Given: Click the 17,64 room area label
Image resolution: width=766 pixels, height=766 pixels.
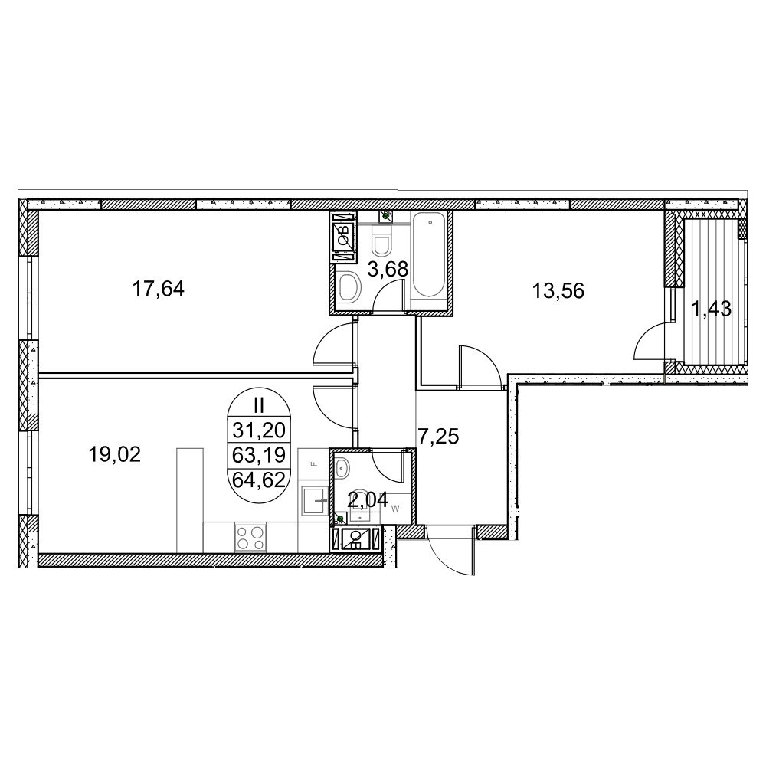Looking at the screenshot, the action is coord(159,289).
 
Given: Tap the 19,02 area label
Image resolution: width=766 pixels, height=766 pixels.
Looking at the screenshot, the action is coord(115,455).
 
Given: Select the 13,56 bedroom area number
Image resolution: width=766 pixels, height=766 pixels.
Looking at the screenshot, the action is coord(558,292).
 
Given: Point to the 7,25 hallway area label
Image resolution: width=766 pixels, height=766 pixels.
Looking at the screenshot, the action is coord(438,437).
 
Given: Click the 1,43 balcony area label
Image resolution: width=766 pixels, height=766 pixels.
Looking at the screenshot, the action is coord(711,309).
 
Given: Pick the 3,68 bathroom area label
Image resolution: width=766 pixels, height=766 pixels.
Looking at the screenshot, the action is coord(388,269).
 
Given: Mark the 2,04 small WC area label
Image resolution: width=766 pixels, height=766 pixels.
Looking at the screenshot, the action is coord(368,499).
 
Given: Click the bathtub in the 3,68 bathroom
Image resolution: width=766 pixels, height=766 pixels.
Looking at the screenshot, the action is coord(429,256).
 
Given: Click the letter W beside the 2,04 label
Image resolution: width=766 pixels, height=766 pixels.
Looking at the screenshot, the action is coord(396,509).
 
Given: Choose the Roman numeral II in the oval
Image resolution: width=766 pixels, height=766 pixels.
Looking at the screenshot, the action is coord(259,405).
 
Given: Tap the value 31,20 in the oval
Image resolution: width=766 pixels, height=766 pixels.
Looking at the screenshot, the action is coord(259,430).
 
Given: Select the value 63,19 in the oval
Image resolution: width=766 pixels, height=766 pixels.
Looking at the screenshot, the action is coord(259,455).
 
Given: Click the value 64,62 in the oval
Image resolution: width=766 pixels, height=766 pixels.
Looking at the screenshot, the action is coord(259,480).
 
